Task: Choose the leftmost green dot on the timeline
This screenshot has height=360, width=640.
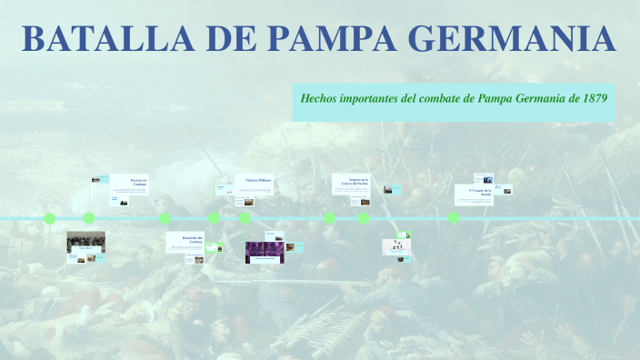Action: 50,218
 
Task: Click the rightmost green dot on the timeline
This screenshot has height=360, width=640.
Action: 453,218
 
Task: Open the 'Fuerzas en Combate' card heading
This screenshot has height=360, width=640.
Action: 137,182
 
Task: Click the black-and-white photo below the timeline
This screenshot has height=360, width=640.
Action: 85,242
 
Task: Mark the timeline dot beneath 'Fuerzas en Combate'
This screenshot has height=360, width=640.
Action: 89,218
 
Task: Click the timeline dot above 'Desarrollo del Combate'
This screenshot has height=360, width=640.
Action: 165,218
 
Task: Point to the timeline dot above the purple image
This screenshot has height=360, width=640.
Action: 245,218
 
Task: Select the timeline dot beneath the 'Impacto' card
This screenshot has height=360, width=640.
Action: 330,218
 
